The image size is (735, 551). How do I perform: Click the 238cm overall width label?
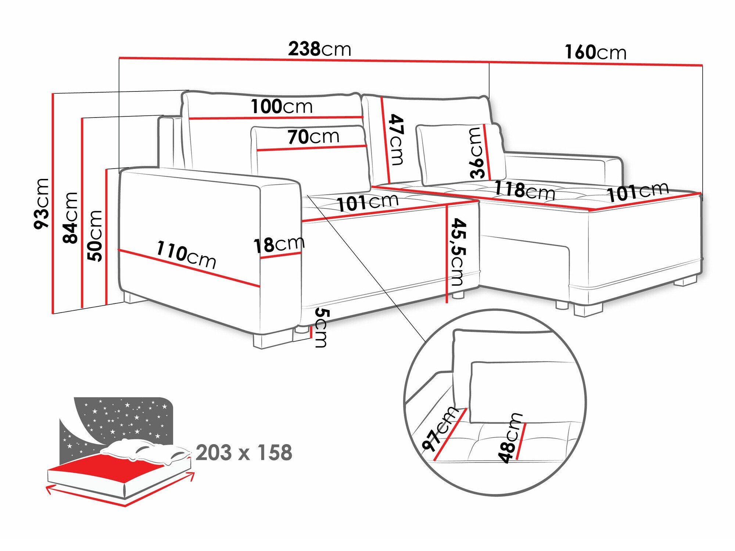coord(319,49)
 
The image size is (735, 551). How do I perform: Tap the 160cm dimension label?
coord(595,52)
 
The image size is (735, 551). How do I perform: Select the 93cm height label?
coord(41,204)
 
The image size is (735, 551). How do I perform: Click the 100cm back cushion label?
coord(282,107)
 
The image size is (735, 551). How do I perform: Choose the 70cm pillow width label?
coord(313,137)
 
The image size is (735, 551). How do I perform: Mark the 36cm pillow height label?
coord(477,153)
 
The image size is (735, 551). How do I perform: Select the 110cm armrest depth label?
coord(186,254)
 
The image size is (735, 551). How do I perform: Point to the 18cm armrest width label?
coord(279,244)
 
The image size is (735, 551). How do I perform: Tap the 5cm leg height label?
coord(321,328)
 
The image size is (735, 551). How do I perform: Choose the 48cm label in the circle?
coord(510,437)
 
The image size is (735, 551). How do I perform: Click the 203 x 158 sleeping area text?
coord(244,453)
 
